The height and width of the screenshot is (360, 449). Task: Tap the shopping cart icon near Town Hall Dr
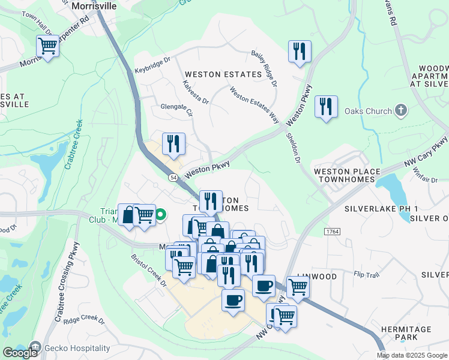click(47, 46)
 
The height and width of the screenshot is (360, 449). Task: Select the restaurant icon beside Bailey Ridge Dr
click(300, 52)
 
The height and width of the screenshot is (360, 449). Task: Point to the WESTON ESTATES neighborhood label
click(223, 74)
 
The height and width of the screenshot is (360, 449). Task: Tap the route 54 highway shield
click(173, 178)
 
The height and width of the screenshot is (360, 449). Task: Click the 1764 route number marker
click(331, 231)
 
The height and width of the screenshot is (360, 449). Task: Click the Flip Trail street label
click(367, 275)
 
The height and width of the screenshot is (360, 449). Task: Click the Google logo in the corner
click(20, 353)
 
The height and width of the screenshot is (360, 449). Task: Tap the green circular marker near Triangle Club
click(161, 214)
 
